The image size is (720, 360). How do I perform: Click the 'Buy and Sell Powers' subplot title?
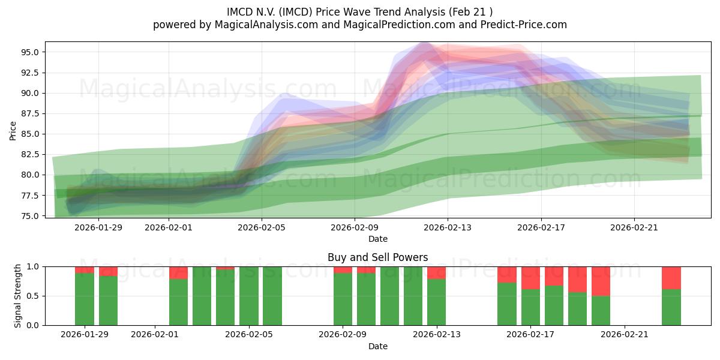pyautogui.click(x=377, y=257)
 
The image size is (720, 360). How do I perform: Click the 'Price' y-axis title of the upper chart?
pyautogui.click(x=13, y=130)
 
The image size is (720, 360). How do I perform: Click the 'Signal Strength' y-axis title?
pyautogui.click(x=18, y=296)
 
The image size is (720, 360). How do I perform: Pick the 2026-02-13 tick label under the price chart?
pyautogui.click(x=448, y=227)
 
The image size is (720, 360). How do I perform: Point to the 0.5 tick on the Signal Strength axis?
pyautogui.click(x=34, y=296)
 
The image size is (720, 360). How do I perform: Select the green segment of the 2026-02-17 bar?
pyautogui.click(x=530, y=307)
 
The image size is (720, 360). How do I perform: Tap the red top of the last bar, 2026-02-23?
pyautogui.click(x=671, y=277)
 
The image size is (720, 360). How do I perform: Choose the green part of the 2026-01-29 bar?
pyautogui.click(x=85, y=299)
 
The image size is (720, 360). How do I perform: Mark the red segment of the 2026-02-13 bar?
pyautogui.click(x=436, y=272)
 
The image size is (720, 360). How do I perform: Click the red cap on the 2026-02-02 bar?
pyautogui.click(x=178, y=272)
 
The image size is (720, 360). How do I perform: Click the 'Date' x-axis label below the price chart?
pyautogui.click(x=377, y=239)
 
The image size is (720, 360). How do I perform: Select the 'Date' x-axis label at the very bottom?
pyautogui.click(x=377, y=346)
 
